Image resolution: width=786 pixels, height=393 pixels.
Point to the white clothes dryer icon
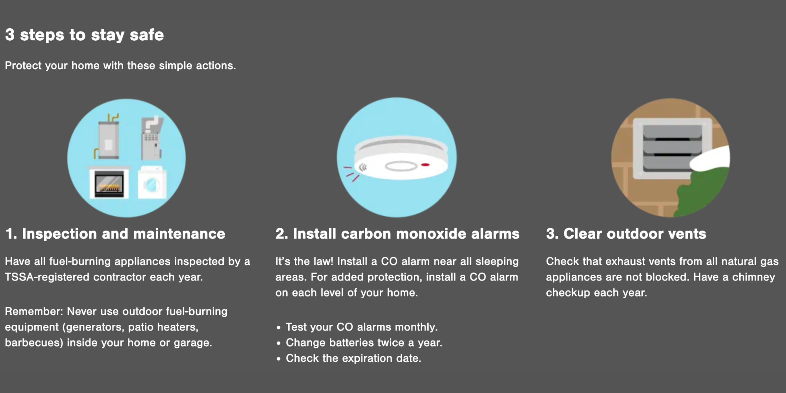[152, 182]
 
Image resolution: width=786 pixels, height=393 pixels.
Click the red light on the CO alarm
[425, 165]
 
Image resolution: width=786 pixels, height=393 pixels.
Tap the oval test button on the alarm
[401, 166]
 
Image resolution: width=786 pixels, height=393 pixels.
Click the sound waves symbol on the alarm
[363, 167]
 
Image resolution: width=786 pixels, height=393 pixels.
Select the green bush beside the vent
[700, 191]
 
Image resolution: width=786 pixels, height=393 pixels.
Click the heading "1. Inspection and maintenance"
[115, 234]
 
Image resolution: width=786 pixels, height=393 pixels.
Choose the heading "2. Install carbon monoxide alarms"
[397, 234]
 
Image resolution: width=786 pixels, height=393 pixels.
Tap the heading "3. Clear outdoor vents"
[626, 234]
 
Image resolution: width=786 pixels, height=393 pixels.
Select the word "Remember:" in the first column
[34, 311]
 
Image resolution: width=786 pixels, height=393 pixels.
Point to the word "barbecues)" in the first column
[34, 343]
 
